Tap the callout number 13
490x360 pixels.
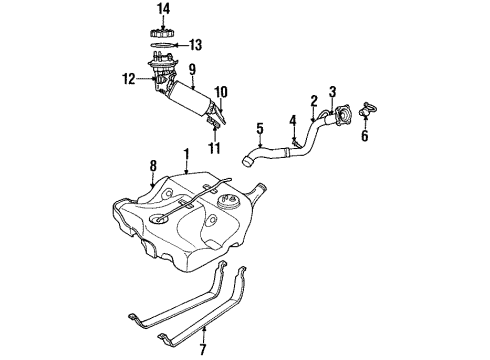tap(195, 44)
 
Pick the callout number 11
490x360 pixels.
tap(213, 149)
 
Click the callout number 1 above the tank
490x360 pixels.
tap(185, 155)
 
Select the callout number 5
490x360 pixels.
tap(259, 128)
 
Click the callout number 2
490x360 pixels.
tap(313, 100)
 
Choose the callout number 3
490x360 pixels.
tap(334, 92)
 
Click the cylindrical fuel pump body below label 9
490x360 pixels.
tap(190, 101)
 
